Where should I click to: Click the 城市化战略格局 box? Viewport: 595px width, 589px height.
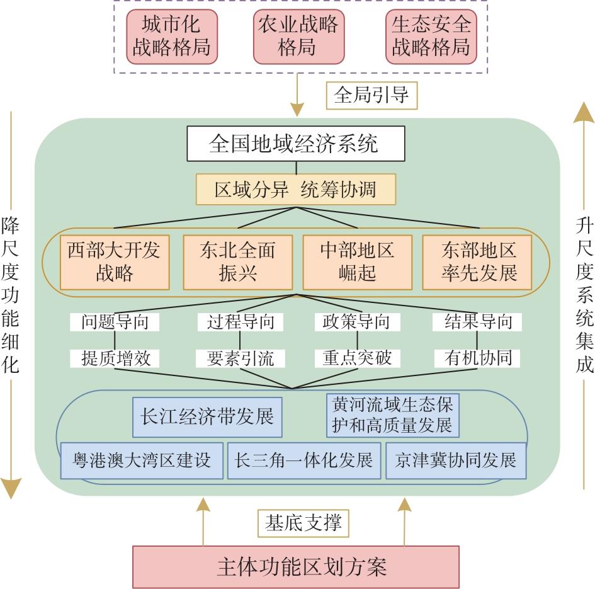(171, 37)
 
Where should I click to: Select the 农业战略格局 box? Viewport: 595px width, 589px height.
(298, 37)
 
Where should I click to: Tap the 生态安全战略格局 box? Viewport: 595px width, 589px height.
(431, 37)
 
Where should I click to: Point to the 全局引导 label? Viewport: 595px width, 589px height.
(371, 95)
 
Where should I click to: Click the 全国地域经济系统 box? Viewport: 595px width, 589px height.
(294, 144)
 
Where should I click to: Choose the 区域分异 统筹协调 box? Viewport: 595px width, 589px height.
(295, 189)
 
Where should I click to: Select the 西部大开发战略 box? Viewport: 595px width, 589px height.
(114, 262)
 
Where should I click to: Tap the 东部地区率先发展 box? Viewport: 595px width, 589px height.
(479, 262)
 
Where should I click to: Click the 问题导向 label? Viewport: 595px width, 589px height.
(115, 322)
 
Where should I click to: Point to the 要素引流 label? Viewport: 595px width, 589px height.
(241, 358)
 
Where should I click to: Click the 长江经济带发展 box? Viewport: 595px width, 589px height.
(208, 417)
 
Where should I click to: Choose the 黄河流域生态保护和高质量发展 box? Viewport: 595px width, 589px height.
(393, 415)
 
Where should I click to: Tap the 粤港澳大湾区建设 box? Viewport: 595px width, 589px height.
(142, 460)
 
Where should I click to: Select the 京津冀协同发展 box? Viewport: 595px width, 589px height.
(455, 460)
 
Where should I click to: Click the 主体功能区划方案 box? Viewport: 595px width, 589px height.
(295, 566)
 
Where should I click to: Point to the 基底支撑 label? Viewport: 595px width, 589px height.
(303, 523)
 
